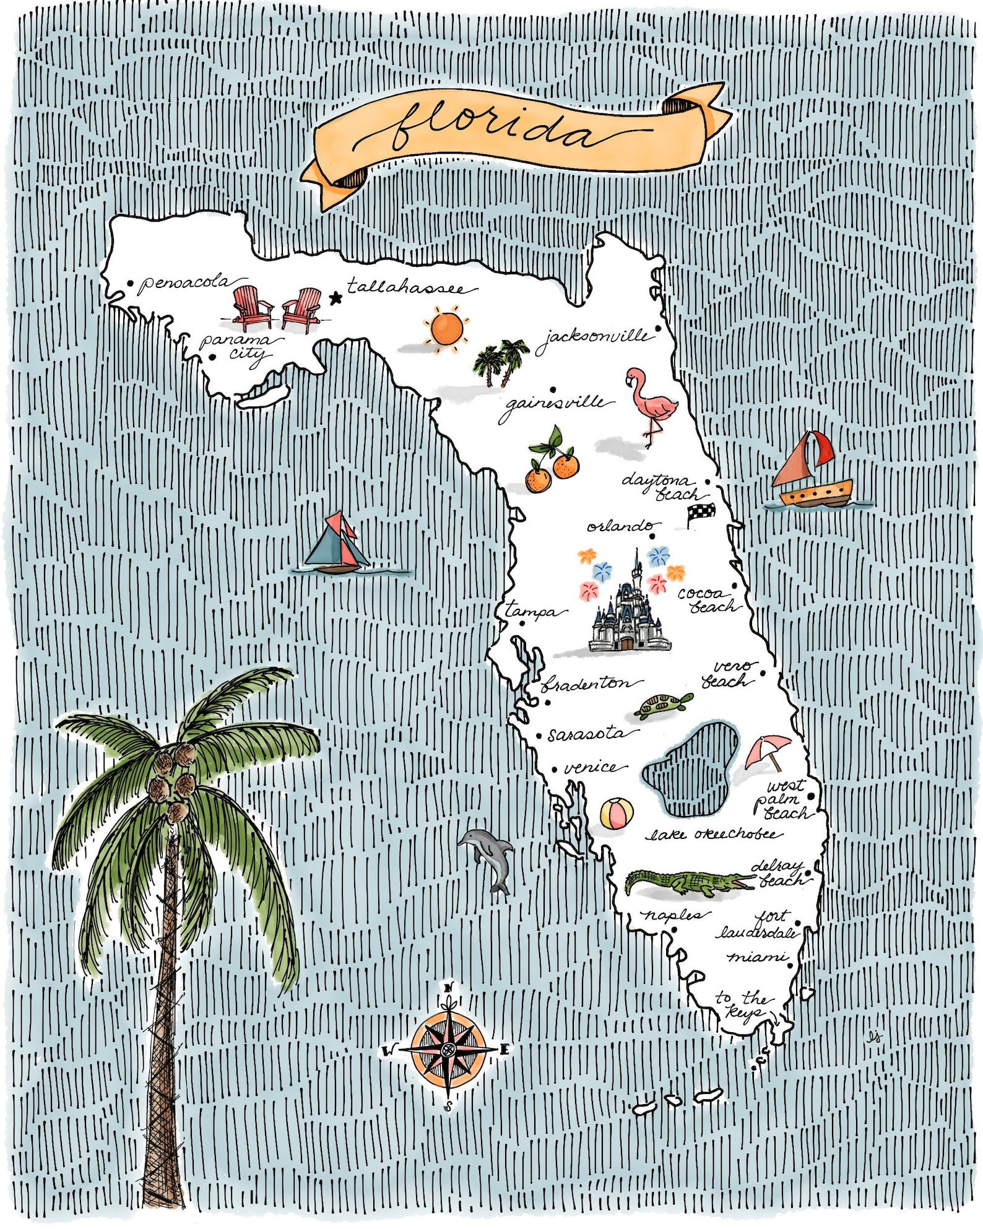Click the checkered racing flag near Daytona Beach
click(701, 513)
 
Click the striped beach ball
click(617, 813)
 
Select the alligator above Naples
click(687, 882)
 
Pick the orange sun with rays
click(446, 329)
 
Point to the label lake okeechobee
click(712, 835)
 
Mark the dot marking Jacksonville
click(659, 329)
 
